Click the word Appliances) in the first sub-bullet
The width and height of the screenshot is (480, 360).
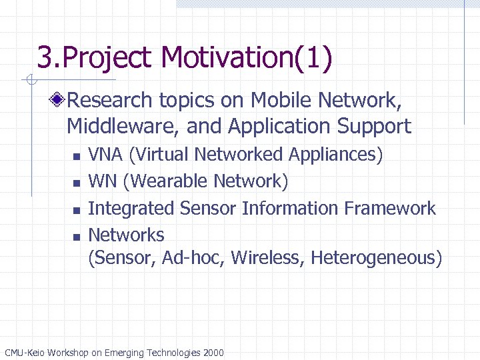pyautogui.click(x=336, y=155)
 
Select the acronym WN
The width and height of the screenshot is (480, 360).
pyautogui.click(x=101, y=181)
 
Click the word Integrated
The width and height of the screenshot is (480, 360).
pyautogui.click(x=131, y=208)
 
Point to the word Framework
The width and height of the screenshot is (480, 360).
pyautogui.click(x=390, y=208)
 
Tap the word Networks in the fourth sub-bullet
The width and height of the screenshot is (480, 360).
pyautogui.click(x=126, y=235)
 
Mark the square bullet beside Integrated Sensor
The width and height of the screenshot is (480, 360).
pyautogui.click(x=76, y=209)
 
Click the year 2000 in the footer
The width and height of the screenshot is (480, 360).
pyautogui.click(x=212, y=353)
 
